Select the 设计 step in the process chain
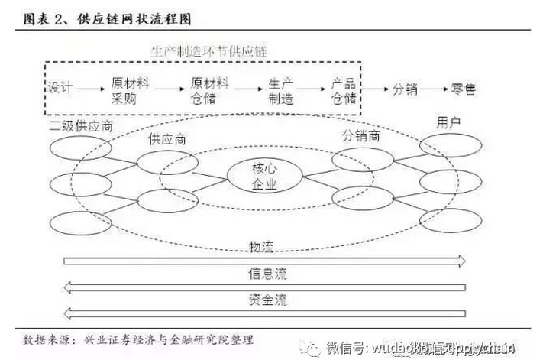coord(60,89)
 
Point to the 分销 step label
coord(405,89)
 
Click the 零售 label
coord(464,89)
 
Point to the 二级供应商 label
coord(80,126)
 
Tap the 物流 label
coord(260,246)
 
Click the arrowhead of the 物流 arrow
coord(461,261)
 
